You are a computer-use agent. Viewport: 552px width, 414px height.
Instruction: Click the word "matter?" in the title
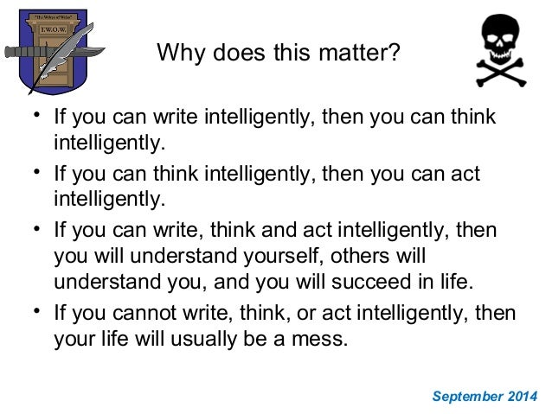click(359, 54)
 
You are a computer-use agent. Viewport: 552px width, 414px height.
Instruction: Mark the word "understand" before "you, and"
click(105, 281)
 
